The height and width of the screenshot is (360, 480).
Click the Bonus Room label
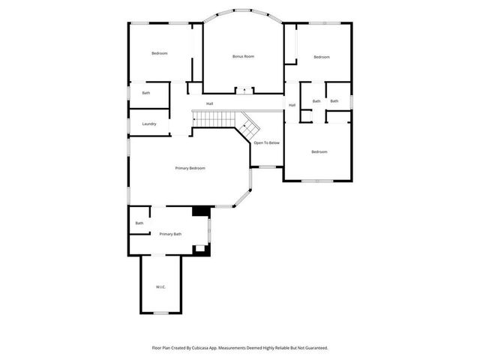point(243,56)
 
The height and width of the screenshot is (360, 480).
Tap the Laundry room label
point(149,124)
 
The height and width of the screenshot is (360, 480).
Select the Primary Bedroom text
point(190,168)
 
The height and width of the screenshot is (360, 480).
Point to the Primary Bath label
point(170,234)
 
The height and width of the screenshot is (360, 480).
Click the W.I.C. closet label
point(160,287)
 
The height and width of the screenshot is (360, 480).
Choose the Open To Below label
point(266,142)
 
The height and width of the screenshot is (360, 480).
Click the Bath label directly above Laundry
point(145,93)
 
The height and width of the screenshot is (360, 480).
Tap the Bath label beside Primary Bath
point(139,223)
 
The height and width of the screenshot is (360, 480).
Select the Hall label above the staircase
point(210,103)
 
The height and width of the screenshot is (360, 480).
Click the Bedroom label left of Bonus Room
point(159,53)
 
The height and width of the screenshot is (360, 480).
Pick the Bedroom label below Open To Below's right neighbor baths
point(319,151)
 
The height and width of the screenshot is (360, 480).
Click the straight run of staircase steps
point(214,119)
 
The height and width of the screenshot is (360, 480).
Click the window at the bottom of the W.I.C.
point(160,313)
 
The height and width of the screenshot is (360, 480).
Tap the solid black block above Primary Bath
point(200,211)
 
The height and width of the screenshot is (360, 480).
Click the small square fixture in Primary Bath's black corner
point(199,247)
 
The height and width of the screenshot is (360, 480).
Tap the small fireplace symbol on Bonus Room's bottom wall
point(243,91)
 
